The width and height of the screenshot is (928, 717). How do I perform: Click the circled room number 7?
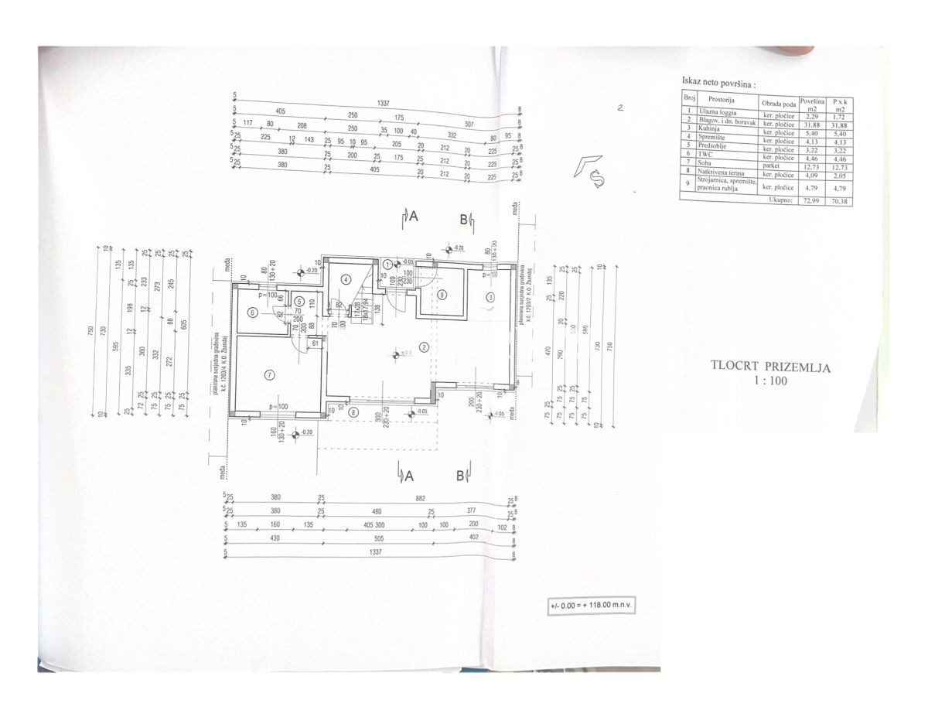click(x=269, y=375)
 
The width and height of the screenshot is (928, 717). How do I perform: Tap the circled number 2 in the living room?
click(x=424, y=347)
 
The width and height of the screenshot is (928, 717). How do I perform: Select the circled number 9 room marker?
click(x=442, y=294)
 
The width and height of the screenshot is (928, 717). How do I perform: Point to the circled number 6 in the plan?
click(x=253, y=312)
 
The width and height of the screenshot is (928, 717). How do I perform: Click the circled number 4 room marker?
click(x=346, y=278)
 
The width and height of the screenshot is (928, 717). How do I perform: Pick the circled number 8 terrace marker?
click(x=354, y=413)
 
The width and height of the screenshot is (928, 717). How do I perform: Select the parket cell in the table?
click(x=773, y=165)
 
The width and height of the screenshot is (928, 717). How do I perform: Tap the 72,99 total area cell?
click(x=810, y=199)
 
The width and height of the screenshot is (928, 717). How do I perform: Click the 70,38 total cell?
click(x=840, y=199)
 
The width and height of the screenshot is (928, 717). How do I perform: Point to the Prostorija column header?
click(x=720, y=101)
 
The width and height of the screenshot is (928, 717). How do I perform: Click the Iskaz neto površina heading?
click(x=718, y=80)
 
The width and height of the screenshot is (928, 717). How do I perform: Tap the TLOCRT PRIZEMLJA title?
click(x=771, y=367)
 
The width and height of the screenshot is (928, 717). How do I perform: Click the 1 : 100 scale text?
click(x=770, y=380)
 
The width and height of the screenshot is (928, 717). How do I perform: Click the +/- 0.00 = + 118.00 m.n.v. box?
click(x=592, y=606)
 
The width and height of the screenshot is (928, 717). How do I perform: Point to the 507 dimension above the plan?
click(x=469, y=124)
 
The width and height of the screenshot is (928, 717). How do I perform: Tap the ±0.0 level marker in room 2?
click(x=396, y=354)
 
